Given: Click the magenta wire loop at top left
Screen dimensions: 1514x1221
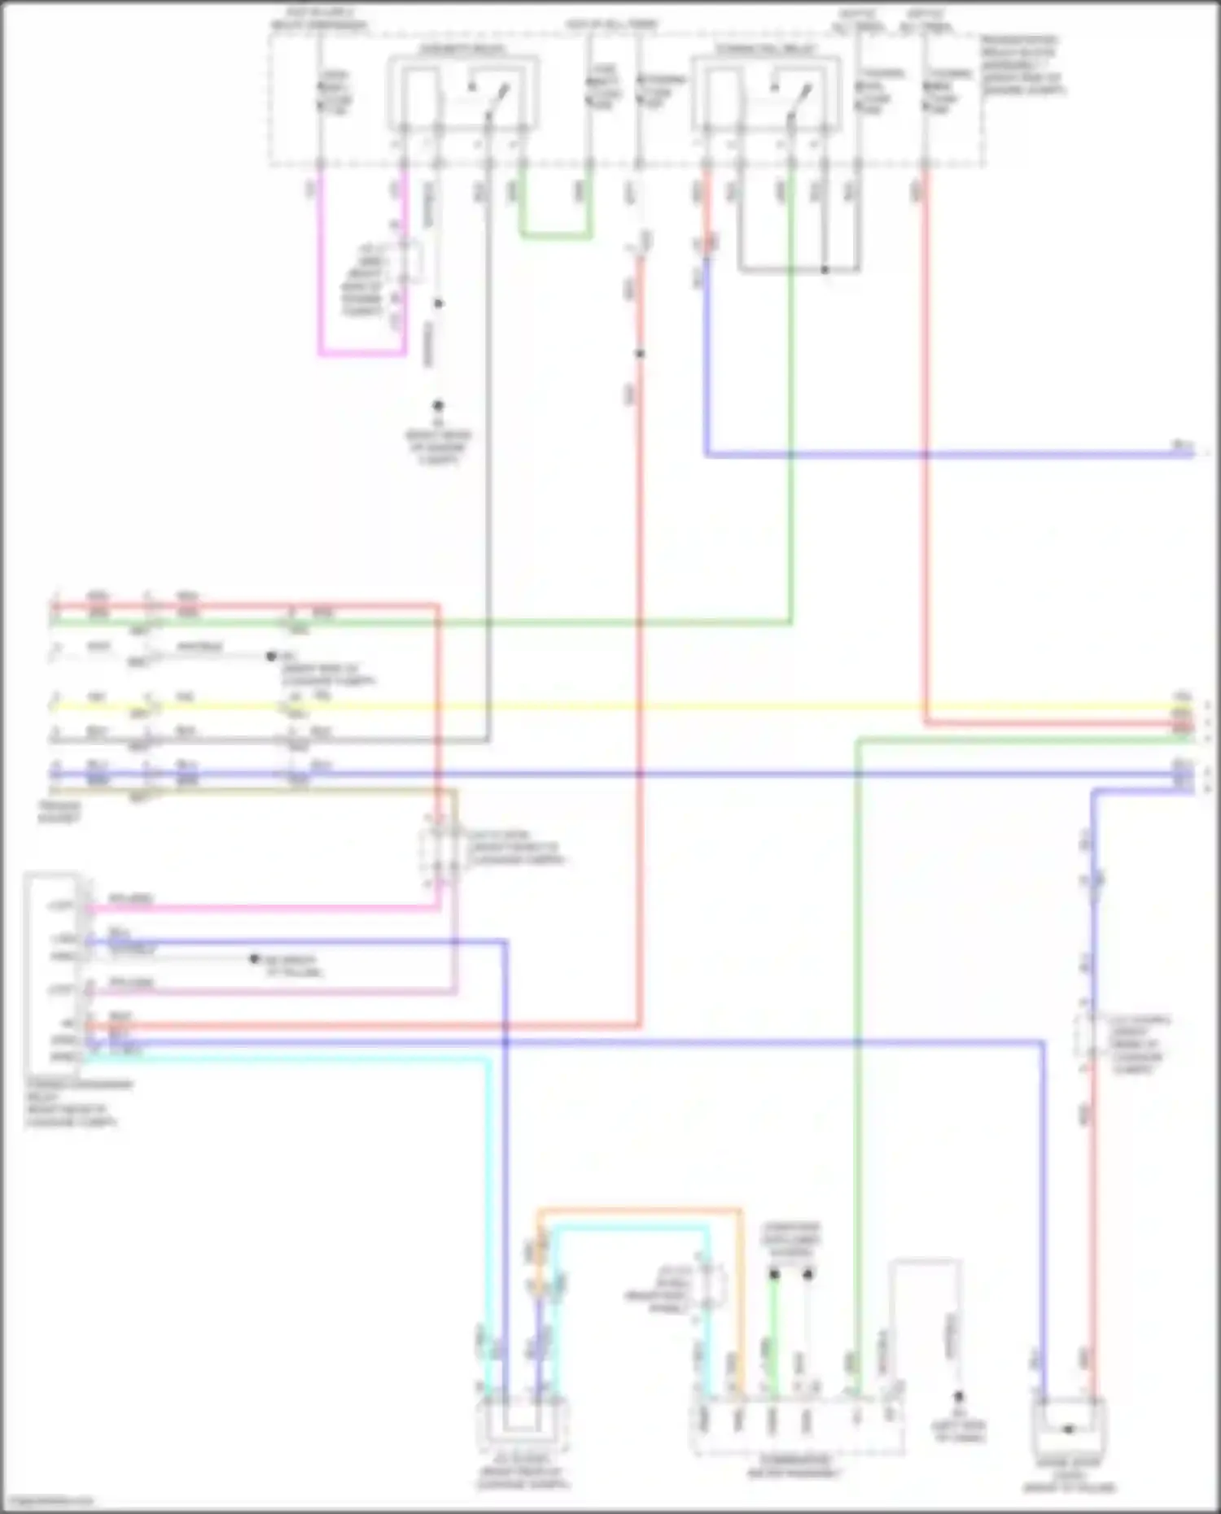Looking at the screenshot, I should pyautogui.click(x=361, y=355).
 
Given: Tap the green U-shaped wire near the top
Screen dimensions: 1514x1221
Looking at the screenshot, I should pyautogui.click(x=555, y=237).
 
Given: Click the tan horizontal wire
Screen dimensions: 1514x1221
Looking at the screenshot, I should pyautogui.click(x=244, y=790).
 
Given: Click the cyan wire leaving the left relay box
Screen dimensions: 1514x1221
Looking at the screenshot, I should pyautogui.click(x=285, y=1058).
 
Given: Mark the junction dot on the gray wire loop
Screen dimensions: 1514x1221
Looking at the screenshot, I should pyautogui.click(x=825, y=269).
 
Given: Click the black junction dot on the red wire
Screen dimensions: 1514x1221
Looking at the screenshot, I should pyautogui.click(x=640, y=354).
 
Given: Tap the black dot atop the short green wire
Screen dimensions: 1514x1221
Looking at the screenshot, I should pyautogui.click(x=774, y=1274).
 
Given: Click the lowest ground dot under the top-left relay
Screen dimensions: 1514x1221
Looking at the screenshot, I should pyautogui.click(x=438, y=405).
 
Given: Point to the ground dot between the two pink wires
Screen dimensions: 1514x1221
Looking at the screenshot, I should pyautogui.click(x=255, y=959).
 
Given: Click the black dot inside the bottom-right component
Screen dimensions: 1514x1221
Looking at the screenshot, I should pyautogui.click(x=1069, y=1429).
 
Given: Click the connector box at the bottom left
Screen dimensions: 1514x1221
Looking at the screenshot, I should pyautogui.click(x=522, y=1427).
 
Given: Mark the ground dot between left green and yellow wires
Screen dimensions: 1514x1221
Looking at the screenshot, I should pyautogui.click(x=272, y=656).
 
